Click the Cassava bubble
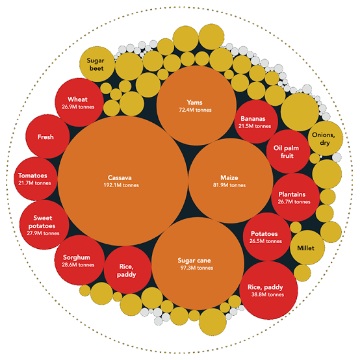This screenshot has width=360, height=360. coord(123,181)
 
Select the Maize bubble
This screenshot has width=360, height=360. coord(231,181)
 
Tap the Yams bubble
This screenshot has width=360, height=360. coord(196,106)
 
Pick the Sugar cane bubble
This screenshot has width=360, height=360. coord(198,264)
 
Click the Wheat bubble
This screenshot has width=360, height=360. coord(79,103)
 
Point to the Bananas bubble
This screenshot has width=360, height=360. coord(256,122)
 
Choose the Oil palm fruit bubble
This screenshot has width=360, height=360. coord(288,151)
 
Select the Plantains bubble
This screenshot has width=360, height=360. coord(295,198)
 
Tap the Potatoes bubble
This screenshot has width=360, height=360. coord(267,237)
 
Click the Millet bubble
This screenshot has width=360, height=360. coord(307,248)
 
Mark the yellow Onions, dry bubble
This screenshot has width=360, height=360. coord(326,138)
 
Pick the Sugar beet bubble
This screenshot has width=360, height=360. coord(97,64)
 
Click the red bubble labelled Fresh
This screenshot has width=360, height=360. coord(47,136)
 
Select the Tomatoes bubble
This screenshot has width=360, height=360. coord(36,179)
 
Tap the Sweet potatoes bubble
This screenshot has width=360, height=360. coord(44,225)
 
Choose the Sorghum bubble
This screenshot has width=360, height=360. coord(79,260)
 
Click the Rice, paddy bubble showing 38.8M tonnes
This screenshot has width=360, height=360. coord(268,290)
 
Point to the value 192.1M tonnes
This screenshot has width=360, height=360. coord(122,185)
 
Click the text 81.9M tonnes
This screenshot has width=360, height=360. coord(229,185)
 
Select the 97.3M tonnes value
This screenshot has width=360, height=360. coord(197,268)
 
